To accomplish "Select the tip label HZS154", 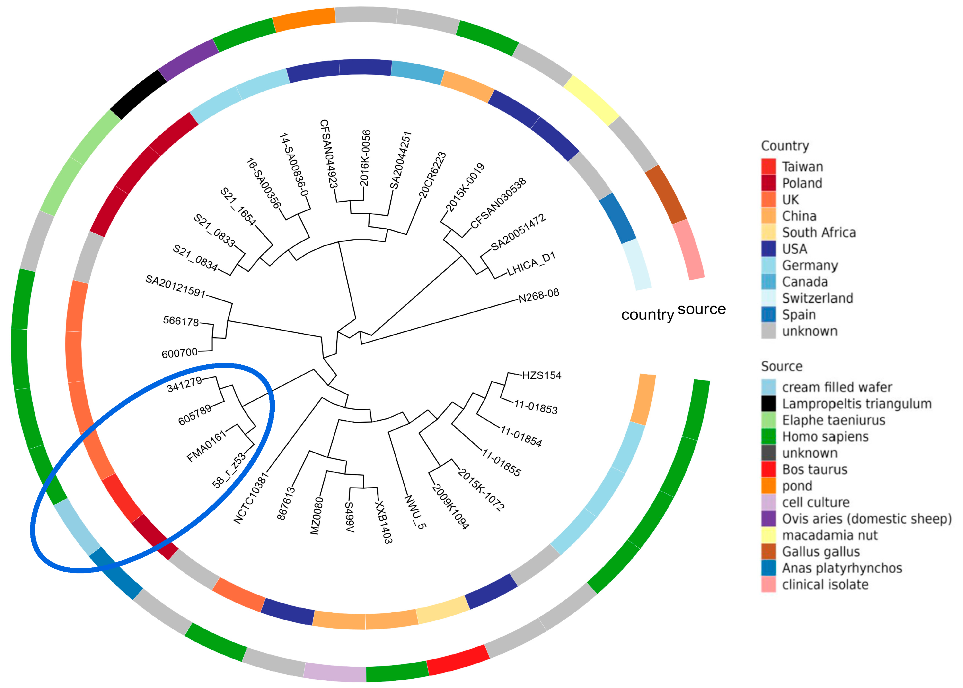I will click(x=541, y=375).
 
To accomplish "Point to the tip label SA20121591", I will click(x=175, y=286).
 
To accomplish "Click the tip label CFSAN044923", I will click(x=329, y=153).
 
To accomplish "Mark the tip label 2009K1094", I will click(x=450, y=507).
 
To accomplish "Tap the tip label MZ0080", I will click(x=316, y=516).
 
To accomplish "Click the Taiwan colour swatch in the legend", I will click(x=768, y=166).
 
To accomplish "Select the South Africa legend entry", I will click(x=818, y=233).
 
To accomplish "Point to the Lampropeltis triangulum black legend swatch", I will click(x=768, y=403).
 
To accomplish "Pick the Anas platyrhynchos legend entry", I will click(x=842, y=568).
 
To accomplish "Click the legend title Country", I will click(x=785, y=146).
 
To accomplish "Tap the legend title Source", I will click(x=781, y=366).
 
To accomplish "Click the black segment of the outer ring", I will click(x=138, y=94).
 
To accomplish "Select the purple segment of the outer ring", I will click(x=188, y=60).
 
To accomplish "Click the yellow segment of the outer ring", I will click(x=591, y=100).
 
